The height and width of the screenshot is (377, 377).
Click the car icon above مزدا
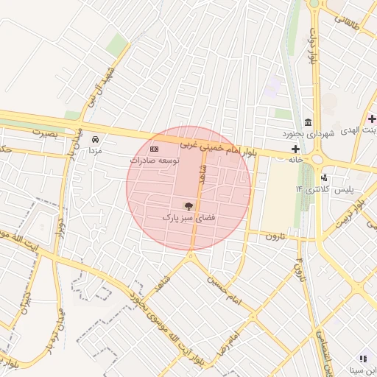click(x=95, y=138)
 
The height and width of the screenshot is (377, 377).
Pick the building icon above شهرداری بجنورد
click(x=308, y=122)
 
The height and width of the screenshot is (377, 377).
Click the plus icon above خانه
click(x=295, y=149)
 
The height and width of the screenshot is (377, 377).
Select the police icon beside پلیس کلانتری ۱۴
click(x=324, y=177)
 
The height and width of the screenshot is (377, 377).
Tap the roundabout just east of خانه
click(x=319, y=158)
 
